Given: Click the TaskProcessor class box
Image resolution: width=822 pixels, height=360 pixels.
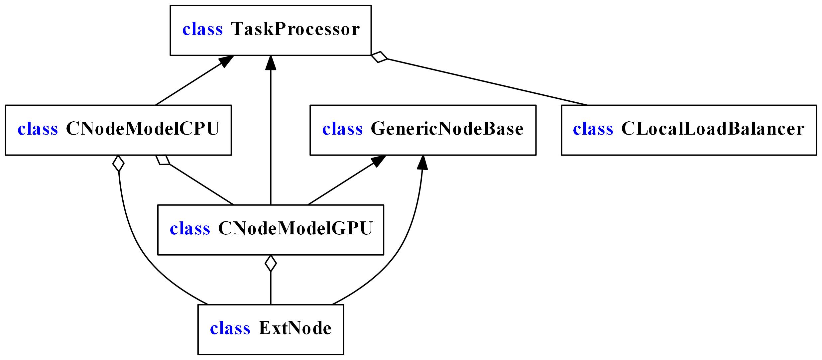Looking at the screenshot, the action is pos(271,30).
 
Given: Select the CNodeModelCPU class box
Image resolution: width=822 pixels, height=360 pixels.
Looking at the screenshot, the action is pos(118,130).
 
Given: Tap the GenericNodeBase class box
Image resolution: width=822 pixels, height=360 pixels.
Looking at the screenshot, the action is pos(423,130).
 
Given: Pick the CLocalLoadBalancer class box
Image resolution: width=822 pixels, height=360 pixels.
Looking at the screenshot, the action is pos(689,130).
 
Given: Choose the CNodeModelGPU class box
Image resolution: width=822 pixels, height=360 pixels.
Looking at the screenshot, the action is pos(271,230).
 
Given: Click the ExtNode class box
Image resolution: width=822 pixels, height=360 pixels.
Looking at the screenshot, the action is pos(271,329).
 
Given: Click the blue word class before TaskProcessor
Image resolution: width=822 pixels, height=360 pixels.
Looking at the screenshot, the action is pos(202,29).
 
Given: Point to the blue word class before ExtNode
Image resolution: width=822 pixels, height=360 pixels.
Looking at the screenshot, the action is pos(230,328).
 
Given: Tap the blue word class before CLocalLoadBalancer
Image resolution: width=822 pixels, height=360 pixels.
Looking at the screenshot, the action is pos(593,129).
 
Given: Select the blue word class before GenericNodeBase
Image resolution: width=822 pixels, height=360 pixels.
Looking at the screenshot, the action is pos(342,129).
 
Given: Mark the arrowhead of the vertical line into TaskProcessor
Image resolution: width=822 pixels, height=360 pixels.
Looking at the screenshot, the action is pos(271,63).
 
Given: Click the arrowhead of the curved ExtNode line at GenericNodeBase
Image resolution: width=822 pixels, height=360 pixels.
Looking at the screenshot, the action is pos(422,163).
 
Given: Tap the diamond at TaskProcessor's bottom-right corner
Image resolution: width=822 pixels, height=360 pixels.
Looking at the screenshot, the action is pos(379,57).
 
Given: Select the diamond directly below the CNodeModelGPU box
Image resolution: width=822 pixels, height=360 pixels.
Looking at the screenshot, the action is pos(271,263).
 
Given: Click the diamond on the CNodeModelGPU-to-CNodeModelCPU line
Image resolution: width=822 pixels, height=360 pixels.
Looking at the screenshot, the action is pos(163,160).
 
